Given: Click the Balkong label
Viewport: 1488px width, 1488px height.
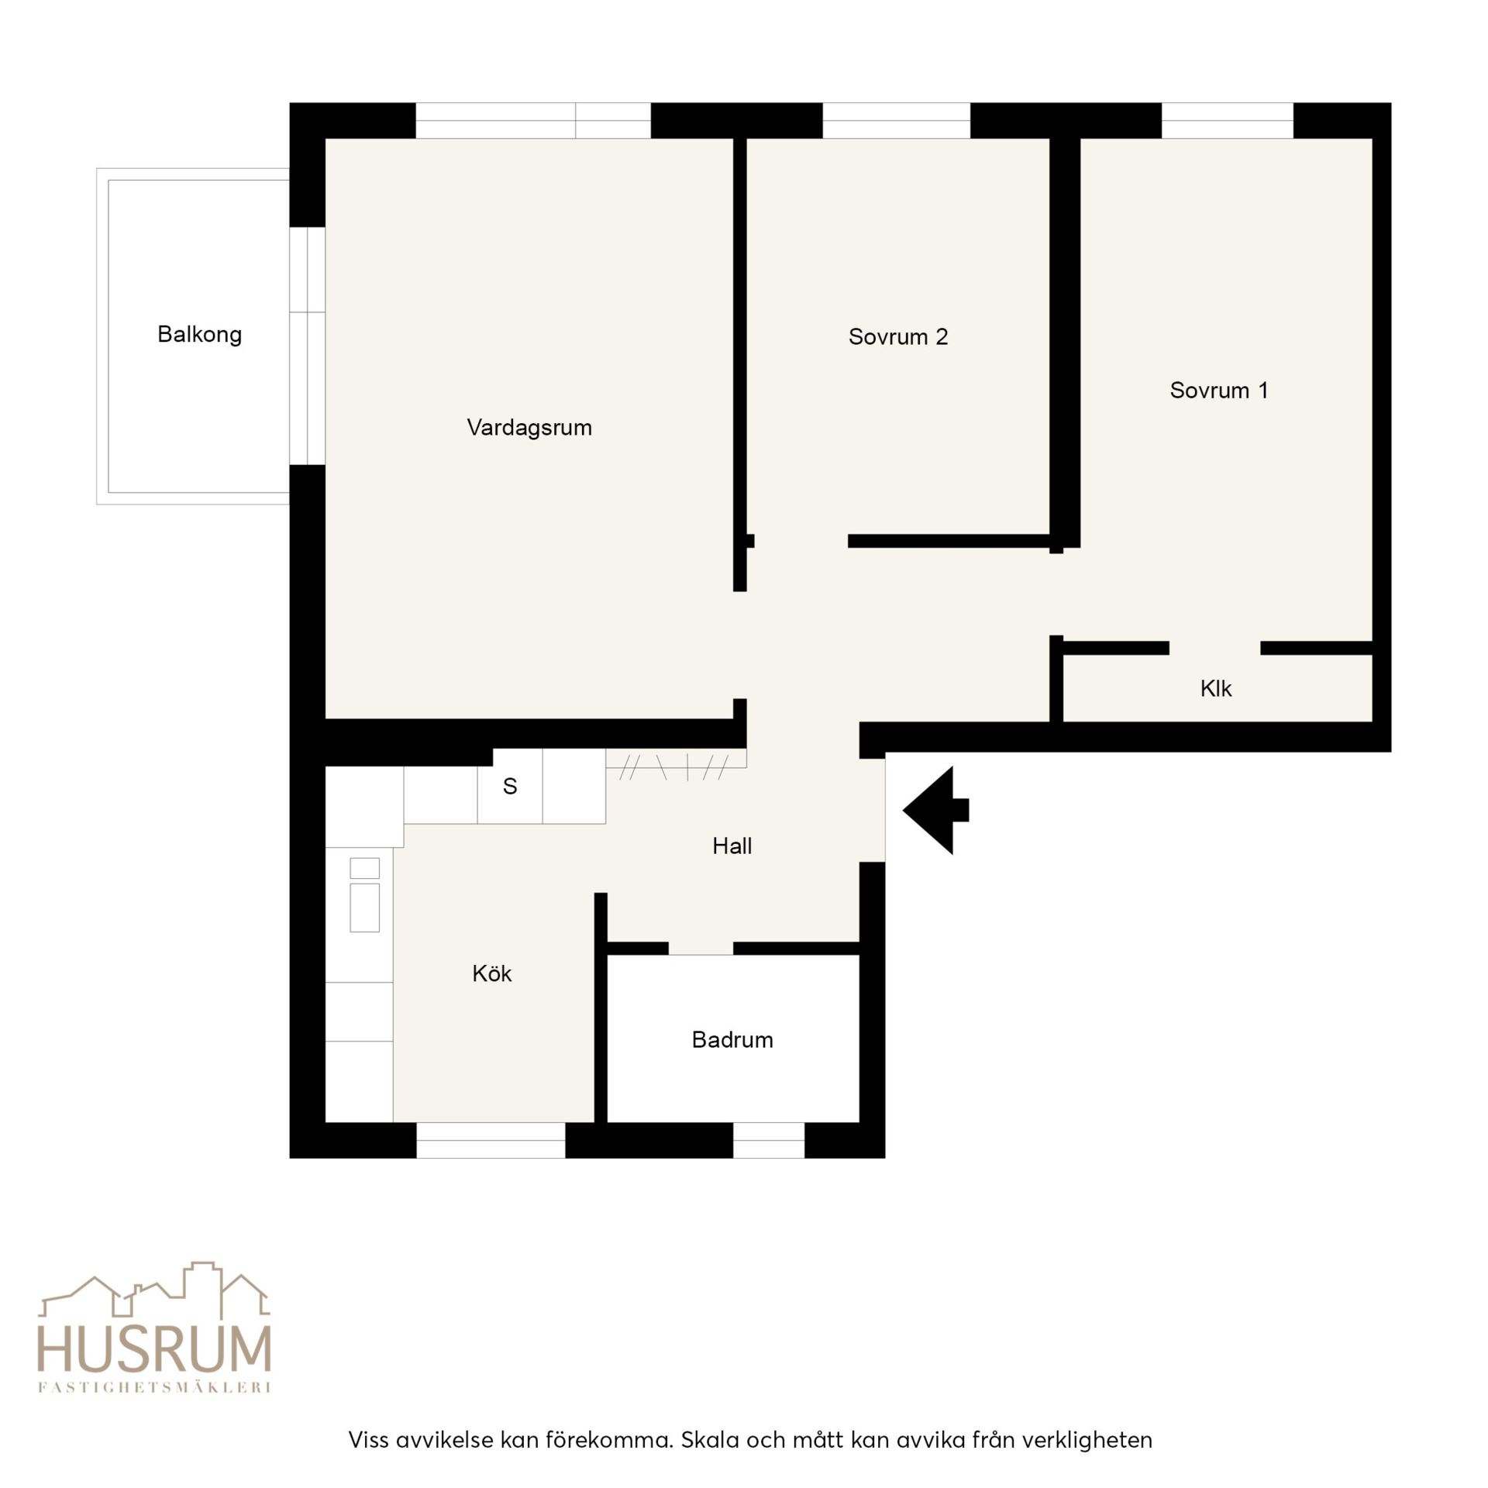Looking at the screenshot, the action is pyautogui.click(x=199, y=335).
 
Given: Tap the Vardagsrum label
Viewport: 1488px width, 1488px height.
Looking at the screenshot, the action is pyautogui.click(x=529, y=428).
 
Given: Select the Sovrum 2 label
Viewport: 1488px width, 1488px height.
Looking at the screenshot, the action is pyautogui.click(x=898, y=336).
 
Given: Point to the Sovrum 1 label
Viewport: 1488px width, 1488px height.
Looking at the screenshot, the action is pyautogui.click(x=1219, y=390).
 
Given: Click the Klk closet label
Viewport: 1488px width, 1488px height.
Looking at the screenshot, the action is pyautogui.click(x=1215, y=688).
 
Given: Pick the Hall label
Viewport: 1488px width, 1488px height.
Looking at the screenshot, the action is pyautogui.click(x=732, y=846).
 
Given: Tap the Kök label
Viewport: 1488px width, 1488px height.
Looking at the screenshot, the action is pyautogui.click(x=492, y=973).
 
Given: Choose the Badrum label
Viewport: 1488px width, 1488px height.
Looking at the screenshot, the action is pyautogui.click(x=732, y=1039).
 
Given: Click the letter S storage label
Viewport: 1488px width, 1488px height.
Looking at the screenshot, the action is pyautogui.click(x=509, y=786).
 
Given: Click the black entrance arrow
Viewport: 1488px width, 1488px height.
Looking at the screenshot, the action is pyautogui.click(x=935, y=810).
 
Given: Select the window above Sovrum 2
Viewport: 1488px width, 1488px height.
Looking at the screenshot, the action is pyautogui.click(x=896, y=120).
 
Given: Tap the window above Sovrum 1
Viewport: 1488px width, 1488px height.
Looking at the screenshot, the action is pyautogui.click(x=1228, y=120).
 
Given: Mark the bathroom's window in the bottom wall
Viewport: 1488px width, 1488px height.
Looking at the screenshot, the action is pyautogui.click(x=769, y=1140).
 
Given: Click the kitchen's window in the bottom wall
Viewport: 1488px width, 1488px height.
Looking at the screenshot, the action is pyautogui.click(x=491, y=1140).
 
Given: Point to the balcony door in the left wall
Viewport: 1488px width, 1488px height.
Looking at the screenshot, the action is pyautogui.click(x=307, y=346).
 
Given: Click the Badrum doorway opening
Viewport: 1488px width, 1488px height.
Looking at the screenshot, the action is pyautogui.click(x=701, y=948).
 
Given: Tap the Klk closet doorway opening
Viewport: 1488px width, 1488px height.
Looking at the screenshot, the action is pyautogui.click(x=1214, y=648).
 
